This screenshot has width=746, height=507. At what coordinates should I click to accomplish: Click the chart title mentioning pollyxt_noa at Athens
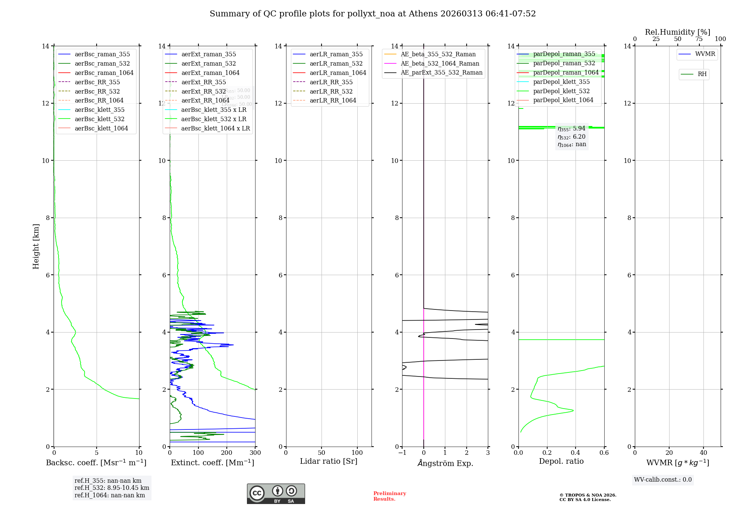[373, 14]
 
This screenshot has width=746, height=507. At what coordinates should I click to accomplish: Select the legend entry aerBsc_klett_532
[99, 119]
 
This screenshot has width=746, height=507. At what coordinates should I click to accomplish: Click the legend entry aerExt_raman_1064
[210, 73]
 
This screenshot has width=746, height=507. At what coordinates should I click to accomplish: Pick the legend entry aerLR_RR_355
[331, 82]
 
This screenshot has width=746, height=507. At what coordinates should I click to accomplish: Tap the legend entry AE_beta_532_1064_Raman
[440, 63]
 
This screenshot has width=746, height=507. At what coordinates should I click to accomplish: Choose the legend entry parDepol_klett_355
[561, 82]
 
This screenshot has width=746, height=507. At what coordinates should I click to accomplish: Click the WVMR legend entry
[705, 54]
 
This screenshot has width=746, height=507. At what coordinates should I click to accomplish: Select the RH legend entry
[702, 74]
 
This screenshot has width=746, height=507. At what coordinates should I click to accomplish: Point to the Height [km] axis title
[36, 246]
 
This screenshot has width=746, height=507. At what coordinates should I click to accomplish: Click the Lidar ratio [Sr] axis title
[329, 461]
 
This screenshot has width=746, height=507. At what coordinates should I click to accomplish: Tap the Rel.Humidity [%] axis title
[677, 32]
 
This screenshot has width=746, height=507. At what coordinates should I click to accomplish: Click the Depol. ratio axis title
[561, 461]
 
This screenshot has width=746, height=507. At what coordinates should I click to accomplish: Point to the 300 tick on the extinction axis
[255, 453]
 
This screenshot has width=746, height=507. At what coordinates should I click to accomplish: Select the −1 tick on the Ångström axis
[402, 453]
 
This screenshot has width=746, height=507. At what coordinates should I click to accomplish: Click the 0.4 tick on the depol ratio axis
[576, 453]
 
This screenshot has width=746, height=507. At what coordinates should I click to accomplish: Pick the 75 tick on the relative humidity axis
[699, 39]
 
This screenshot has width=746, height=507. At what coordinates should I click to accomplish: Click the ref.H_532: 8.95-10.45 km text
[112, 488]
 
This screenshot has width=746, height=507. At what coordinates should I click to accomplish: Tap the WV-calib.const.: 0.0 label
[663, 480]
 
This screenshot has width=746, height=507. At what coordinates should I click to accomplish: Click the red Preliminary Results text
[389, 496]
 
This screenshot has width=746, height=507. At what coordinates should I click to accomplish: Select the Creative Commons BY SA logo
[276, 494]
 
